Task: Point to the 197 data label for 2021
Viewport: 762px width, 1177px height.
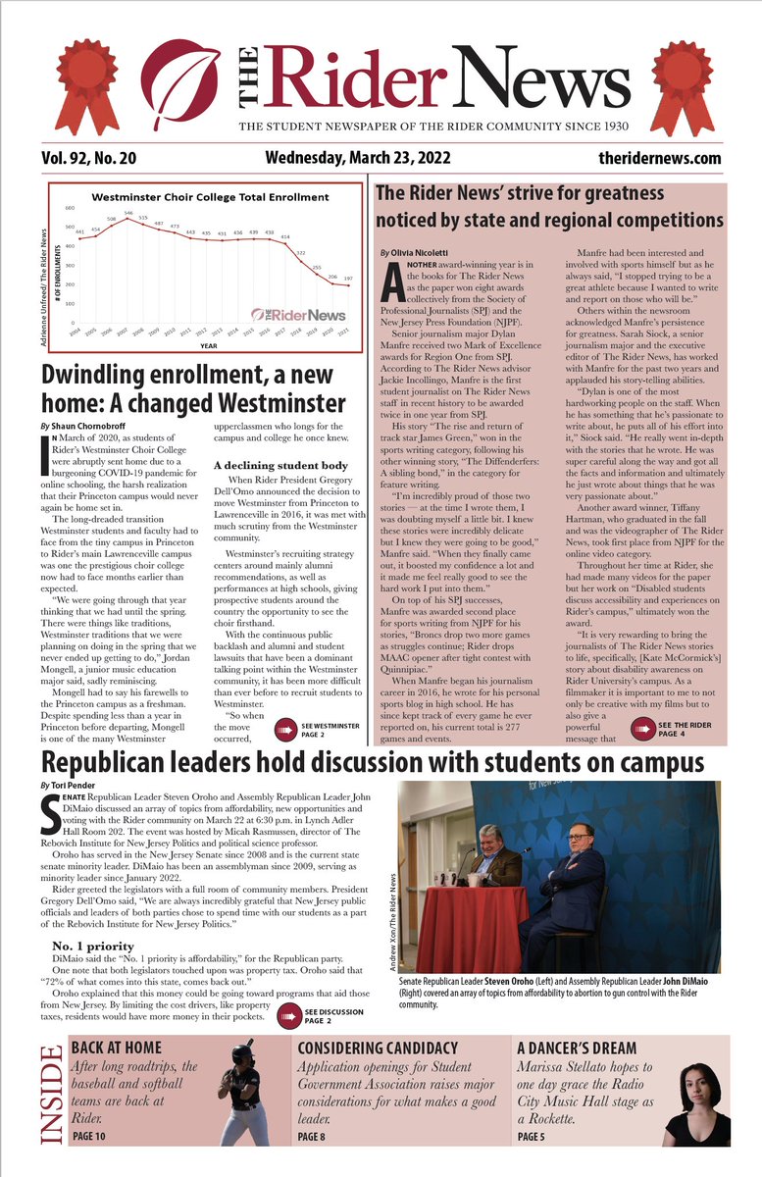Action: [x=347, y=280]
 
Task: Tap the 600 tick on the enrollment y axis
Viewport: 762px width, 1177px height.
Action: [x=70, y=208]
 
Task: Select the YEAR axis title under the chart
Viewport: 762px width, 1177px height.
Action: [x=208, y=345]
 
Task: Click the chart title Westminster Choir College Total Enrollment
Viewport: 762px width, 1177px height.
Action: [x=210, y=197]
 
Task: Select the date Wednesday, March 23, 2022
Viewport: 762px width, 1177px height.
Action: [x=363, y=158]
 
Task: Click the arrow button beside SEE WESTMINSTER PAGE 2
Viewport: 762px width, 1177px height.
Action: [x=285, y=728]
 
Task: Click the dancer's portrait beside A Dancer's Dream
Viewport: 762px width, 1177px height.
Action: [x=695, y=1103]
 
